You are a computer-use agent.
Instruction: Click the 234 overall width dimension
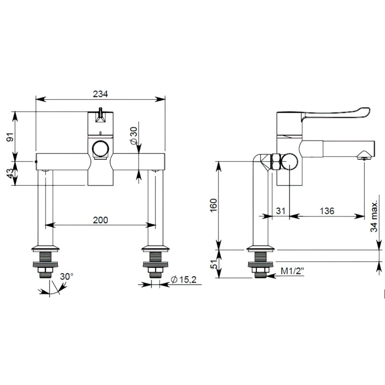pyautogui.click(x=100, y=93)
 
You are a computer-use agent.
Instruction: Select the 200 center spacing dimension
pyautogui.click(x=100, y=219)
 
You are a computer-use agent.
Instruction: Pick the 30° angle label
pyautogui.click(x=66, y=277)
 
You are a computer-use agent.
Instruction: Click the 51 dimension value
pyautogui.click(x=214, y=264)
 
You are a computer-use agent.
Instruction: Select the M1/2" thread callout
pyautogui.click(x=292, y=272)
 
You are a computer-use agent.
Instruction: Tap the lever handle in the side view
pyautogui.click(x=337, y=115)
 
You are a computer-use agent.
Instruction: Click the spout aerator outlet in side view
pyautogui.click(x=364, y=155)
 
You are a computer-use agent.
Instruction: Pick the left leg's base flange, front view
pyautogui.click(x=46, y=249)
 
